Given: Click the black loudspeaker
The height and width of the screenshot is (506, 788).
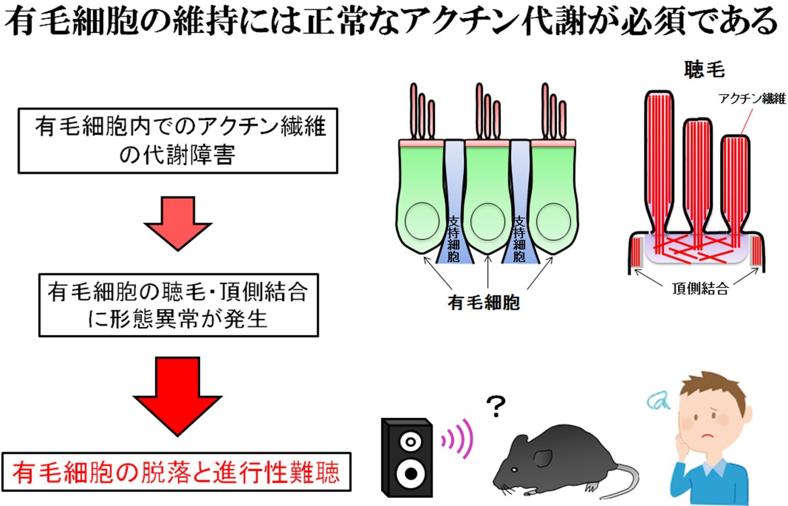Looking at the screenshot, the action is click(407, 456).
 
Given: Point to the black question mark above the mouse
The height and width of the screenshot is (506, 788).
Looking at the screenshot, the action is click(496, 406).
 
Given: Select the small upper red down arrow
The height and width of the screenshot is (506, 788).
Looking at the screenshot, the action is click(178, 223).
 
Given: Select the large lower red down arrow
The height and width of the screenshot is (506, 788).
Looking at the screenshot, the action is click(177, 396).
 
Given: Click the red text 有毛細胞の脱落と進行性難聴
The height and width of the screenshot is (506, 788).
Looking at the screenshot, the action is click(176, 473).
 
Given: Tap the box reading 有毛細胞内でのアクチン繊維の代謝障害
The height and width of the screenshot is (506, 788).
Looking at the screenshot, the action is click(177, 141).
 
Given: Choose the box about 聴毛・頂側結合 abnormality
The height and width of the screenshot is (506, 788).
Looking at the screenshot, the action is click(178, 305).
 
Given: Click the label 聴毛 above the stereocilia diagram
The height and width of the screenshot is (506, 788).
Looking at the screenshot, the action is click(704, 69).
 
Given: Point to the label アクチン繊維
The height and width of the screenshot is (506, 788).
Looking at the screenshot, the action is click(752, 98).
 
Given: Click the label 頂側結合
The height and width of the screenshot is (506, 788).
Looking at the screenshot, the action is click(700, 288).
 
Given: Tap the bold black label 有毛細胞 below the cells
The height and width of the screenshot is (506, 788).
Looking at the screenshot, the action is click(484, 303).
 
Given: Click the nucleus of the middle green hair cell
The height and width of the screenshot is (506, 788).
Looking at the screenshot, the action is click(488, 221).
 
